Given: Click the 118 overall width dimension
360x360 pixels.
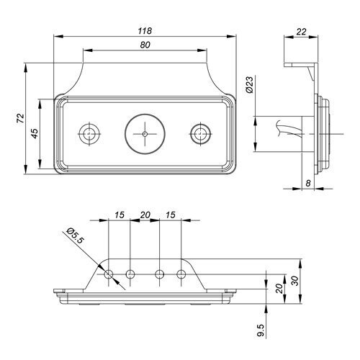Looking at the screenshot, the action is (x=145, y=31).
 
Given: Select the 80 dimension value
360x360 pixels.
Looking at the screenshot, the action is (x=145, y=45).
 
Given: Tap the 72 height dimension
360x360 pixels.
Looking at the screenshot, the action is (x=21, y=118).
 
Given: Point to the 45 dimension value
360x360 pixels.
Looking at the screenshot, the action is (x=35, y=133).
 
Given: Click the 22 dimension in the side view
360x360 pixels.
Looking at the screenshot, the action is (x=301, y=32).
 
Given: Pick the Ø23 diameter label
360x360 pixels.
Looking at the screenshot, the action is (x=250, y=84).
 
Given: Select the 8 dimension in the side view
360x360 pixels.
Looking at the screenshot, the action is (x=308, y=183).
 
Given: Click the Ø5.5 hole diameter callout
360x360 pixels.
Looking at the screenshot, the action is (x=76, y=235).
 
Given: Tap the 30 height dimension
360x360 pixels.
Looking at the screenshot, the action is (x=295, y=281).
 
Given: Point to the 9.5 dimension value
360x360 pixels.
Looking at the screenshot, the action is (x=261, y=330).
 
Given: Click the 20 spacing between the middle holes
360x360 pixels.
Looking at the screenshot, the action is (x=145, y=215).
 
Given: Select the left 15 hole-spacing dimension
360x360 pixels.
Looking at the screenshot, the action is (x=119, y=215).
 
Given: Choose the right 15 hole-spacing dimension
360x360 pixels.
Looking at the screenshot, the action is (x=171, y=215).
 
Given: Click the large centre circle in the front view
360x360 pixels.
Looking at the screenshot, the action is (x=145, y=114).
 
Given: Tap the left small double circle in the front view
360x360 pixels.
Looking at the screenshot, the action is (x=89, y=124).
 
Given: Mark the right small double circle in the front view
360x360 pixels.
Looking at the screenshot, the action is (x=200, y=124).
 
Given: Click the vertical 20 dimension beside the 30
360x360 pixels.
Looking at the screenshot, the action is (x=279, y=289).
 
